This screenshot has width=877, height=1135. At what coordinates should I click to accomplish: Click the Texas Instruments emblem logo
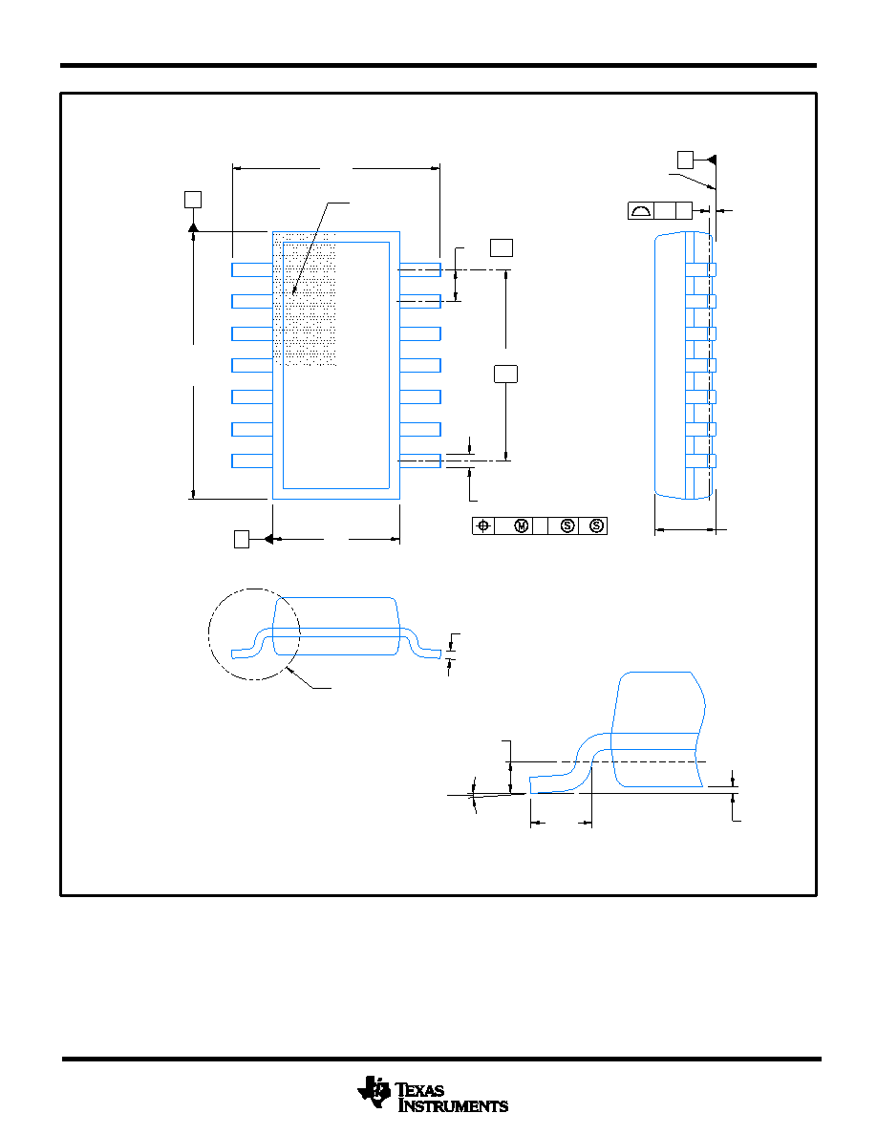[x=374, y=1092]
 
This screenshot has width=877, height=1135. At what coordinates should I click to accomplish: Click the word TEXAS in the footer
[x=419, y=1090]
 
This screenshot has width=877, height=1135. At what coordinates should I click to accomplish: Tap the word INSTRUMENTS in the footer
[x=453, y=1106]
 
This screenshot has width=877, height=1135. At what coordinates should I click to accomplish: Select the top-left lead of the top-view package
[x=252, y=269]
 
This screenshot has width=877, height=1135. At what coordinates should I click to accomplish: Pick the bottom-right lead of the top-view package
[x=420, y=460]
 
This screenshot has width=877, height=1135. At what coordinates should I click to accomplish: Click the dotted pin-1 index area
[x=305, y=299]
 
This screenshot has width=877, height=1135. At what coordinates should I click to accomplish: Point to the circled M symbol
[x=522, y=526]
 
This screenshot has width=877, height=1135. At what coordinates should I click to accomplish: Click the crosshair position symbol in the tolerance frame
[x=483, y=526]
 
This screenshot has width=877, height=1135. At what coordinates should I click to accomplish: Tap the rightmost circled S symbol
[x=596, y=526]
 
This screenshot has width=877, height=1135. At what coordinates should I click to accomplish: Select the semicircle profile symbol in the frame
[x=641, y=211]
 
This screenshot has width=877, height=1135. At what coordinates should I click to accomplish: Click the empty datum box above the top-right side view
[x=685, y=160]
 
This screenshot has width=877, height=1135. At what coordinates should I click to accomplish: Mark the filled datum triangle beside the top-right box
[x=712, y=160]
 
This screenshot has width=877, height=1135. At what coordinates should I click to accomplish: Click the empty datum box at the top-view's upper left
[x=192, y=199]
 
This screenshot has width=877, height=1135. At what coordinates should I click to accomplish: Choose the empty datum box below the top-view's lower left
[x=242, y=539]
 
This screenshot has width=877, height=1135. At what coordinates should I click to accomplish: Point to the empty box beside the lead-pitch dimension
[x=502, y=247]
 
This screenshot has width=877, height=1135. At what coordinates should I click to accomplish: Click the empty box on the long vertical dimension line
[x=505, y=374]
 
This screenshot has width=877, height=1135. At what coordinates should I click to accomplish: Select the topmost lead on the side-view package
[x=700, y=269]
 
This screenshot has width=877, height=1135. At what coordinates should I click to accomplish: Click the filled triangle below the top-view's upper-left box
[x=192, y=227]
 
